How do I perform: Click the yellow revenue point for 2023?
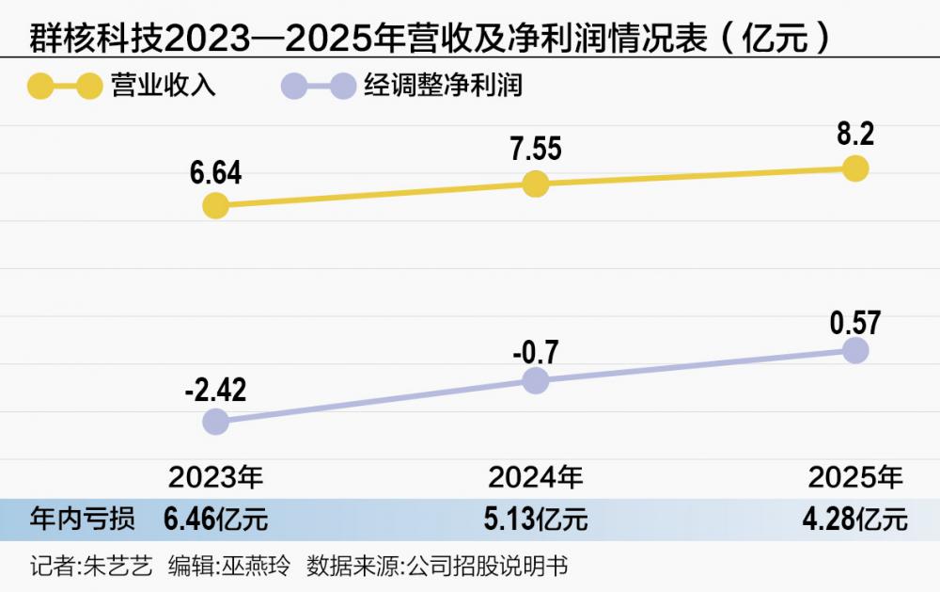[215, 205]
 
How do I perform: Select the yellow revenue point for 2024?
[535, 184]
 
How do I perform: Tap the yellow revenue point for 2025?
[855, 168]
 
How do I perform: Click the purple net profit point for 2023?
[215, 421]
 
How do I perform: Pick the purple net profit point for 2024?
[535, 380]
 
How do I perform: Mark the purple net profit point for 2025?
[855, 350]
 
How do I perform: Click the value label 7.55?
[535, 150]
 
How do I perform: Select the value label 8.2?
[854, 135]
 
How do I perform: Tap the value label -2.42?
[215, 389]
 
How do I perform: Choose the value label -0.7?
[535, 351]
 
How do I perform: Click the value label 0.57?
[854, 323]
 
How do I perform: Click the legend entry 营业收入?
[175, 86]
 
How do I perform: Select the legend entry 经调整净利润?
[443, 86]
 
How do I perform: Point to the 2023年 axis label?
[215, 477]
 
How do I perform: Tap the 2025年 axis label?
[854, 477]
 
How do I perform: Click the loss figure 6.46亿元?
[215, 519]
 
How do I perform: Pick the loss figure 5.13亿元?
[535, 519]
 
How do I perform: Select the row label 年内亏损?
[83, 519]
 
